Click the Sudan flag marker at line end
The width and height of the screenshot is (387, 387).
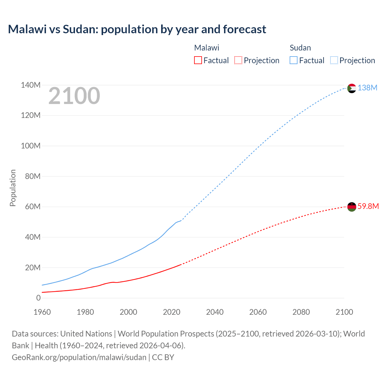click(x=352, y=88)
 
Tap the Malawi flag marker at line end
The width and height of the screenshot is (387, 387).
click(x=352, y=207)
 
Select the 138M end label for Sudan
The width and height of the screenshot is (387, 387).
click(x=367, y=88)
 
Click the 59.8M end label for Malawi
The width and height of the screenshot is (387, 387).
click(x=368, y=206)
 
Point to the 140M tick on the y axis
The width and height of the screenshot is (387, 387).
click(x=31, y=85)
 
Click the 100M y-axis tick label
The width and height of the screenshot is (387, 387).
click(x=31, y=146)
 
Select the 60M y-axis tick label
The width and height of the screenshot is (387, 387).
click(x=33, y=207)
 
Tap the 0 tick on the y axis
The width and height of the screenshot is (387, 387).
click(x=38, y=298)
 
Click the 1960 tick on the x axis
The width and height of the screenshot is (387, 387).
click(x=42, y=312)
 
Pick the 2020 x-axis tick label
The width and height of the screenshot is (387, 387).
click(x=171, y=312)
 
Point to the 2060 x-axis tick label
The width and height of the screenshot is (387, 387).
click(x=258, y=312)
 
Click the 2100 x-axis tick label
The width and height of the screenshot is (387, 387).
click(x=344, y=312)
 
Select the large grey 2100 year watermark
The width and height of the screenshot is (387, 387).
click(x=74, y=96)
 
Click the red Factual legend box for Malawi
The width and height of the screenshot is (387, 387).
click(x=198, y=60)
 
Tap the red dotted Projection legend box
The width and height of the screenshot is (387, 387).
click(x=238, y=60)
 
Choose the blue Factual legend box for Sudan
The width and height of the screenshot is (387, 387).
click(x=294, y=60)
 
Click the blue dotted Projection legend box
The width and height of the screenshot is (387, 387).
click(x=334, y=60)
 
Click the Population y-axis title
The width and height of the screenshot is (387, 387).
click(x=13, y=188)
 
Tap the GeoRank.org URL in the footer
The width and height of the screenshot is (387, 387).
click(x=79, y=357)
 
